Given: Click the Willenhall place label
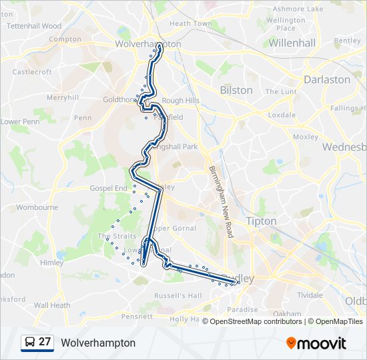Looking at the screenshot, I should (292, 43).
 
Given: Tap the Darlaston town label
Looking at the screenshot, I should (326, 79).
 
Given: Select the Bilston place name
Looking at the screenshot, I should (236, 90).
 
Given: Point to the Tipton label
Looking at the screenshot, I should (260, 221).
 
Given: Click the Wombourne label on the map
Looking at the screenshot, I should (37, 207).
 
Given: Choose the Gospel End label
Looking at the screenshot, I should (108, 189).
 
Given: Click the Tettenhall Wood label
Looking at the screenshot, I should (34, 26).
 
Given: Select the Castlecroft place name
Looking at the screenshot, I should (32, 71).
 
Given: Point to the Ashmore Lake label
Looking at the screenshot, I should (298, 9).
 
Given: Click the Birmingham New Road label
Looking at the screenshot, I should (220, 202).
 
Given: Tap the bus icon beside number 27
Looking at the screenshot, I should (30, 342).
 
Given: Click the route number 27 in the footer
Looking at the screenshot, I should (45, 342).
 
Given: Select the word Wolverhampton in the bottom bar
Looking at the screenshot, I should (98, 343).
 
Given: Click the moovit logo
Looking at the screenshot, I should (316, 343).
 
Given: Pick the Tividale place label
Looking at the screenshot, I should (310, 294).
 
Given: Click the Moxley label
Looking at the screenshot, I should (306, 137).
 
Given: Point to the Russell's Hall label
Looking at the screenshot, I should (177, 295).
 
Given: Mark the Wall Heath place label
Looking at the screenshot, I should (52, 305).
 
